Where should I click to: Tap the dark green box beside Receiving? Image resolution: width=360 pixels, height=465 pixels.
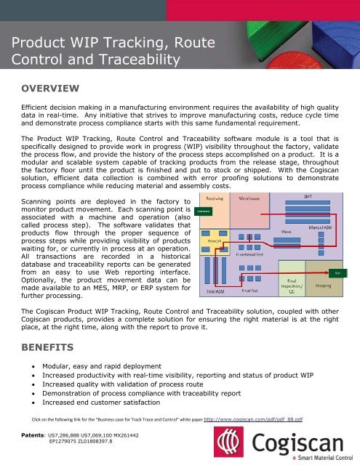click(x=202, y=211)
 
